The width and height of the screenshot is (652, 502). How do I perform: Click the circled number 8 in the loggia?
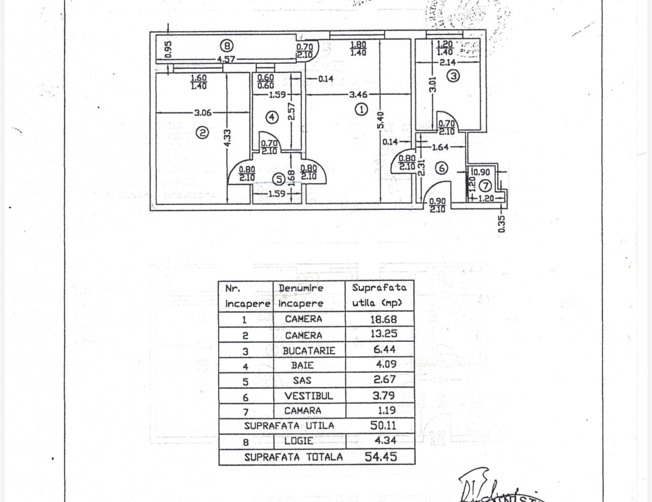(x=226, y=46)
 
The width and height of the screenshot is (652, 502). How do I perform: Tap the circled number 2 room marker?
(x=202, y=132)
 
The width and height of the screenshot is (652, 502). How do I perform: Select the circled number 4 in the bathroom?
(x=272, y=117)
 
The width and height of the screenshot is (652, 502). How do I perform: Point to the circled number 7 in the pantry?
(x=486, y=186)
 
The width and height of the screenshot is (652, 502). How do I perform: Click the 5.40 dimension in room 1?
(x=380, y=120)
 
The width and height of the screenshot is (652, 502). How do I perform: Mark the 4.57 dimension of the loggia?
(x=226, y=59)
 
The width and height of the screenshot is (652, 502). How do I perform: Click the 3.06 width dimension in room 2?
(x=203, y=113)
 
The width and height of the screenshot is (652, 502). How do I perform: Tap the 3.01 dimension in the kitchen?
(x=433, y=84)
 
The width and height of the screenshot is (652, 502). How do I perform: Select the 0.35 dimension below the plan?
(x=502, y=224)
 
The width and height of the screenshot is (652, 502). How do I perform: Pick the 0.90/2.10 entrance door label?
(x=437, y=206)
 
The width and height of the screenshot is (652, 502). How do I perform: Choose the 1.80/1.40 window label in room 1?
(x=358, y=48)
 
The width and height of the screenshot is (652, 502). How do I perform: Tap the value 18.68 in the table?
(x=383, y=319)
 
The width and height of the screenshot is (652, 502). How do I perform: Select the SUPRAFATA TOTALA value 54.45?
(x=380, y=457)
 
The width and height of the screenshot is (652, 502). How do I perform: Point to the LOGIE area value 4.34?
(x=383, y=440)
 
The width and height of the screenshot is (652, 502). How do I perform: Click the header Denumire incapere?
(x=301, y=295)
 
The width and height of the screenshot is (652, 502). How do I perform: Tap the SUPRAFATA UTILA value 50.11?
(x=383, y=425)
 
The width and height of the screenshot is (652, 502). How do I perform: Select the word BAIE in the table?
(x=302, y=366)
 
